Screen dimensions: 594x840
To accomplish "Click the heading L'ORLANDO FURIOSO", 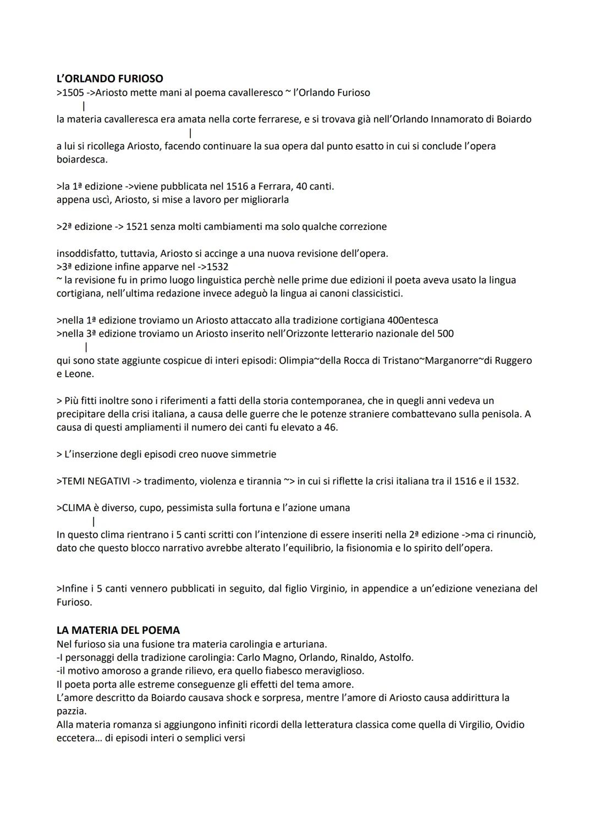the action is [109, 79].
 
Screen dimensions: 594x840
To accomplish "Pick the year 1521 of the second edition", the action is [137, 226].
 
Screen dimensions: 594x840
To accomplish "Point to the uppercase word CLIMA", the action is [79, 507].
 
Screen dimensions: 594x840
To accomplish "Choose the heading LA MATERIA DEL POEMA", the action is [118, 630].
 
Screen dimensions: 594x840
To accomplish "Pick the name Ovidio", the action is [510, 725].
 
